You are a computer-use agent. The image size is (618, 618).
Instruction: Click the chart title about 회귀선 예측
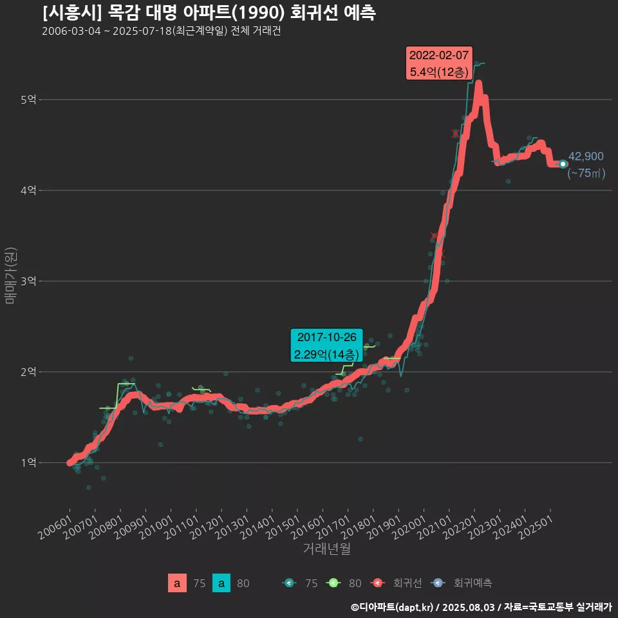coord(209,13)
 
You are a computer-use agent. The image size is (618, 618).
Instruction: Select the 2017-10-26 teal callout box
coord(326,346)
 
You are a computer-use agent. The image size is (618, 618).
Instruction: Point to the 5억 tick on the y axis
coord(28,100)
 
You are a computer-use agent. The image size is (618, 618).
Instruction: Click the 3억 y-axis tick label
coord(28,281)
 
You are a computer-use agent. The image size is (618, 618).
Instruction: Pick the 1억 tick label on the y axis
coord(28,463)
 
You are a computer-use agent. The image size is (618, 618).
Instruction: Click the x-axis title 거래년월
coord(326,549)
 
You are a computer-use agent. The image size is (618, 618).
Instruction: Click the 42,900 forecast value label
coord(586,156)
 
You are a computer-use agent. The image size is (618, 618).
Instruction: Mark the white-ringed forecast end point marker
coord(563,164)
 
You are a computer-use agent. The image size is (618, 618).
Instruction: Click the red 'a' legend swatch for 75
coord(177,583)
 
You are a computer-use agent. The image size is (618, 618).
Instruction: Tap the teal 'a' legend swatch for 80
coord(221,583)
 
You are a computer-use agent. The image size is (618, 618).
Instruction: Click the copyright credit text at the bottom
coord(481,607)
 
